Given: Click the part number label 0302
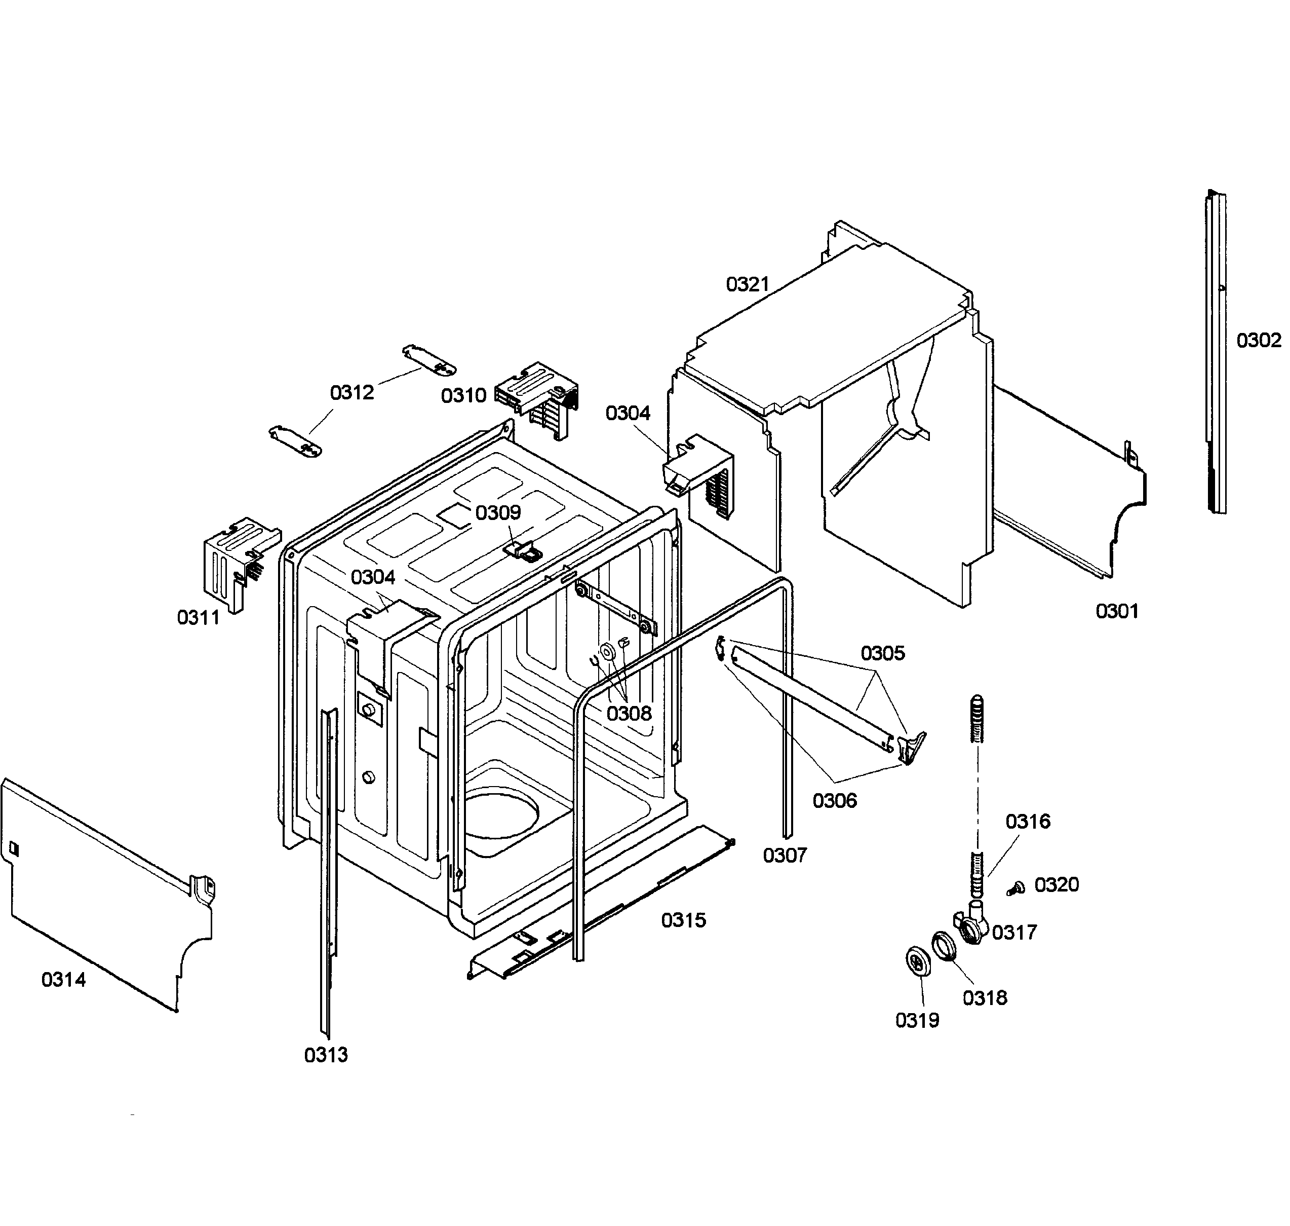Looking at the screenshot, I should click(1259, 341).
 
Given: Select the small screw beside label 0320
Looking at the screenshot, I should click(1015, 888).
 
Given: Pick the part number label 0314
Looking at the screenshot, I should click(63, 980).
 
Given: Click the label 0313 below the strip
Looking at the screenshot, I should click(326, 1055).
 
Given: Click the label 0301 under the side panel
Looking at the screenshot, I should click(1117, 611).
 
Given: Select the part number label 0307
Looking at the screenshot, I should click(785, 855).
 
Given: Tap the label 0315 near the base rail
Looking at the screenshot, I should click(683, 920).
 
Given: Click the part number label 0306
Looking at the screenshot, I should click(834, 801).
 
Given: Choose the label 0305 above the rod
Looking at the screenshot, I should click(882, 653).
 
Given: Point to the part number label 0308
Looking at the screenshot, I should click(629, 713).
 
